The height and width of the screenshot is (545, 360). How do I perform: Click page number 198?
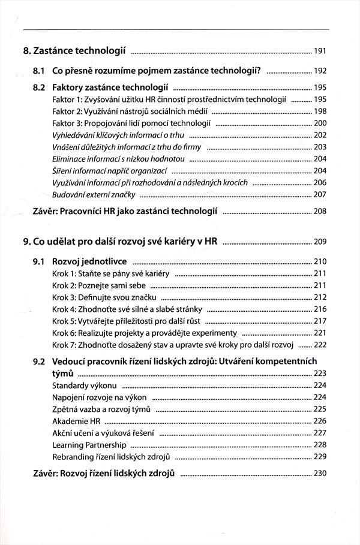point(320,111)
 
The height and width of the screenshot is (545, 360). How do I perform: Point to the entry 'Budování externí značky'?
point(95,195)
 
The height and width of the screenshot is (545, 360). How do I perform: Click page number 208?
point(320,211)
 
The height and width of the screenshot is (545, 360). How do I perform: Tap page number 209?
point(320,242)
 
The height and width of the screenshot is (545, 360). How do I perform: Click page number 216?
point(320,309)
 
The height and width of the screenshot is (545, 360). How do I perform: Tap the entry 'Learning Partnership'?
point(89,445)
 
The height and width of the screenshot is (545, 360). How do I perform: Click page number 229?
point(320,457)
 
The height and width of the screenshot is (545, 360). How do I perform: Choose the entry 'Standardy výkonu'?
point(85,385)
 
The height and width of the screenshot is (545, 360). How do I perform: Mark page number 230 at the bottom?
point(320,474)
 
